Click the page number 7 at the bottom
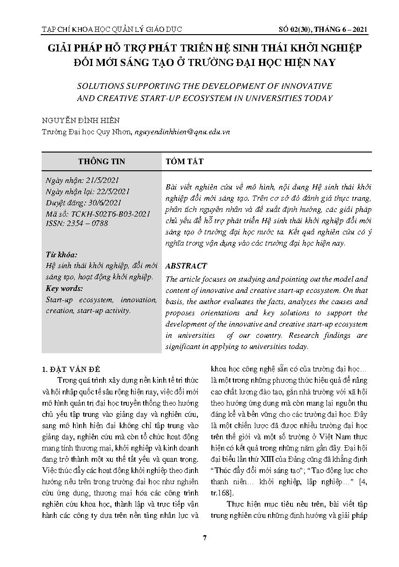205,537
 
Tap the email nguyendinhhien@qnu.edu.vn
182,132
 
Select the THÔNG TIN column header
102,161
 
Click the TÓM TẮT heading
184,161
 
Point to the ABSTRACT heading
186,266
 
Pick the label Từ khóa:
61,255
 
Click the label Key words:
65,289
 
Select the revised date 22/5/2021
110,192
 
